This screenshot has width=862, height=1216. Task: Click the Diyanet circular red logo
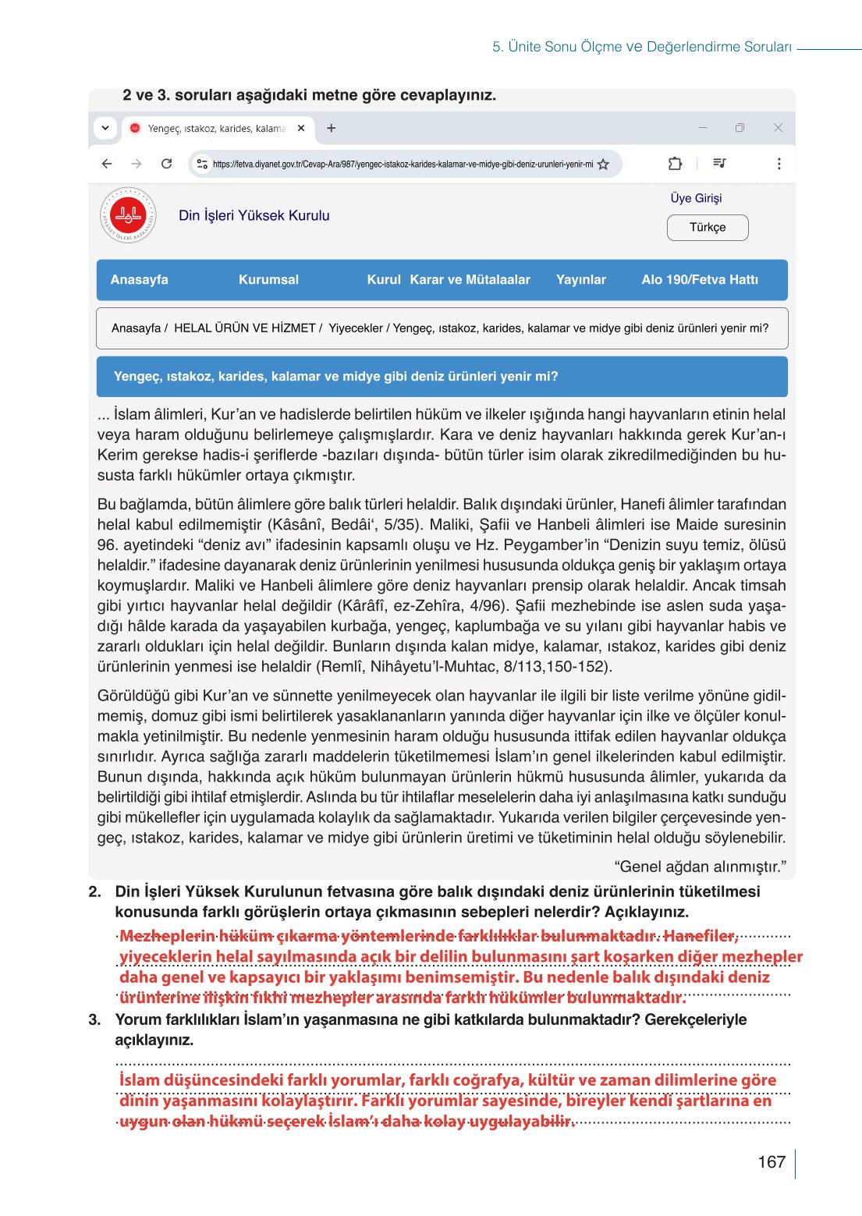click(128, 215)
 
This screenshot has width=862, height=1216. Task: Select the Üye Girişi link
click(696, 198)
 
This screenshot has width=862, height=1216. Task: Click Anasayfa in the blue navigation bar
click(139, 280)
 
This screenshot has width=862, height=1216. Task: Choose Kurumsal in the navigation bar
click(268, 280)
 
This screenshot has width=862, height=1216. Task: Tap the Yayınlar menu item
click(580, 280)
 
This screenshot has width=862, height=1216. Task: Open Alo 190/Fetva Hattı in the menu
click(699, 280)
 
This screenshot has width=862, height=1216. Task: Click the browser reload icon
click(166, 164)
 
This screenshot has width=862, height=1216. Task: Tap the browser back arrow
click(107, 164)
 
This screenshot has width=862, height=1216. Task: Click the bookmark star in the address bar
click(603, 165)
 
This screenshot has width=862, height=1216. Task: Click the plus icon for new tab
click(331, 128)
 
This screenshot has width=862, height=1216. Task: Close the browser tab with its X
click(301, 128)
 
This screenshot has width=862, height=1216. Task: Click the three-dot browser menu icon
click(779, 164)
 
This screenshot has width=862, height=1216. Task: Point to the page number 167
click(771, 1162)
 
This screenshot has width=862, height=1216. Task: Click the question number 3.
click(94, 1019)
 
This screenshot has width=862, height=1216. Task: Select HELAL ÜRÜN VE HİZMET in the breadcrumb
click(244, 328)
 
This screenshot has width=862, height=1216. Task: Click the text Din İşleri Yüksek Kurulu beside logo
click(254, 216)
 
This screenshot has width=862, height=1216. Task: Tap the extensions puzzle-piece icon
click(675, 164)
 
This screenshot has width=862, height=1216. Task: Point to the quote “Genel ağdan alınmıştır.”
click(700, 867)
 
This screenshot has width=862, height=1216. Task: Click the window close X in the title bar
click(778, 128)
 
